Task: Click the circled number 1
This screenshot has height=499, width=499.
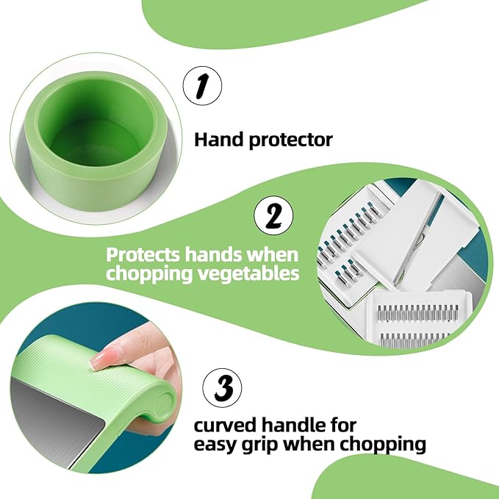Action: click(202, 86)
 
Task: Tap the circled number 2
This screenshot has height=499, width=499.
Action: click(273, 216)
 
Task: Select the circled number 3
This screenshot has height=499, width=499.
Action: click(222, 388)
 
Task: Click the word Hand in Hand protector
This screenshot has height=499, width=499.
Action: click(219, 140)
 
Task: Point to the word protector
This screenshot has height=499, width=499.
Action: click(291, 140)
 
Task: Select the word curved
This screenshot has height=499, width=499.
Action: click(225, 426)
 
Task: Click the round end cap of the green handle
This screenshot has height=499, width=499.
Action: click(165, 401)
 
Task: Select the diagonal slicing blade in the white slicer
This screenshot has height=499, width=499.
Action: click(418, 239)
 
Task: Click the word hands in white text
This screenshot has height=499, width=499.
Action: click(214, 254)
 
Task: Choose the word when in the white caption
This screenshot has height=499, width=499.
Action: click(273, 254)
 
